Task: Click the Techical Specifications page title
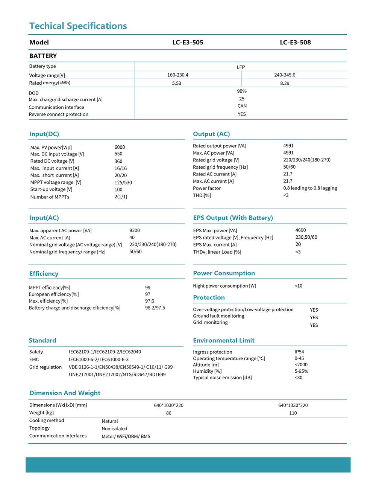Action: pyautogui.click(x=78, y=26)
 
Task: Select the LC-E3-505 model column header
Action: pyautogui.click(x=188, y=43)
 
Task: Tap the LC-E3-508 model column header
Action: pyautogui.click(x=295, y=43)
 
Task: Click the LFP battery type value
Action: pyautogui.click(x=241, y=67)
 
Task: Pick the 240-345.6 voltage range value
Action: pyautogui.click(x=285, y=75)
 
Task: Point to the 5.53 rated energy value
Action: pyautogui.click(x=176, y=83)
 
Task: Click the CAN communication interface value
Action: pyautogui.click(x=242, y=106)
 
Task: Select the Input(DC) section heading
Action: pyautogui.click(x=44, y=134)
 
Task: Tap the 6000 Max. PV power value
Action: pyautogui.click(x=120, y=147)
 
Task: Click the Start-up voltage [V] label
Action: pyautogui.click(x=51, y=189)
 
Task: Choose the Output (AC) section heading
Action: pyautogui.click(x=211, y=134)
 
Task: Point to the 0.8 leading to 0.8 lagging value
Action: pyautogui.click(x=310, y=188)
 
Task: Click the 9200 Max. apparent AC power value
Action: pyautogui.click(x=135, y=230)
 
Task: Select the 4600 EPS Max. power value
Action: pyautogui.click(x=300, y=230)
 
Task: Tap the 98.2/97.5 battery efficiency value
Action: pyautogui.click(x=155, y=308)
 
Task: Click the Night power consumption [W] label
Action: pyautogui.click(x=224, y=286)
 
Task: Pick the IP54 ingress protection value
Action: pyautogui.click(x=299, y=352)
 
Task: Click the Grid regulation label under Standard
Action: pyautogui.click(x=45, y=367)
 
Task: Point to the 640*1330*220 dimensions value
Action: pyautogui.click(x=293, y=405)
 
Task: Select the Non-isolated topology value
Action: pyautogui.click(x=114, y=429)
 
